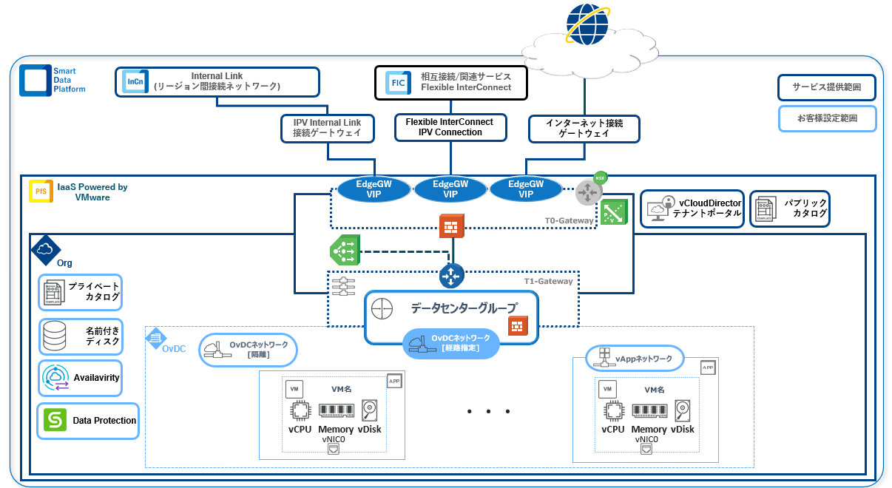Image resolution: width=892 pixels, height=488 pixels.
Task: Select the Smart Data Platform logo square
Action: click(34, 79)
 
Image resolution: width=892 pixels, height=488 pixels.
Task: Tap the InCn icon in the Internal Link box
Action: click(135, 81)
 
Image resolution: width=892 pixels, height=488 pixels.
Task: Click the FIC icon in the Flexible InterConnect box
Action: click(398, 83)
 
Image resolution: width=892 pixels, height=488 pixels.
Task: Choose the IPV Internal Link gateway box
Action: click(327, 128)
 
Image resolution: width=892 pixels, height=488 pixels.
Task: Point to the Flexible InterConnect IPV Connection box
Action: click(450, 126)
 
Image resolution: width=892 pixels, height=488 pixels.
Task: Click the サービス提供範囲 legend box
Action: click(826, 87)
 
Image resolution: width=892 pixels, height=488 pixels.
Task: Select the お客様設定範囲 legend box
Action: click(826, 118)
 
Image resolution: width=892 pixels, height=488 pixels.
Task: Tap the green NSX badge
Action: click(600, 177)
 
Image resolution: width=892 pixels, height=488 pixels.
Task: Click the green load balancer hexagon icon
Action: click(344, 251)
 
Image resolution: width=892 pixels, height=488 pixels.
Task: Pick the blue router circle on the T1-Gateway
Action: click(450, 276)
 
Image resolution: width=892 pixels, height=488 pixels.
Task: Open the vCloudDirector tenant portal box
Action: click(692, 209)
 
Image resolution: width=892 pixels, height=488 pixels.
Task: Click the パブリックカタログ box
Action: click(789, 209)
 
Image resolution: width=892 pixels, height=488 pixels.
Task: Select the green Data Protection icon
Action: click(55, 420)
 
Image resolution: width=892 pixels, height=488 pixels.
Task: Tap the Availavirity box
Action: click(80, 378)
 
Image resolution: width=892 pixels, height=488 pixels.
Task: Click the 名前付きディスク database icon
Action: click(55, 336)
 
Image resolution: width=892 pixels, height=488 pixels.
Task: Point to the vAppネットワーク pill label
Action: click(634, 359)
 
